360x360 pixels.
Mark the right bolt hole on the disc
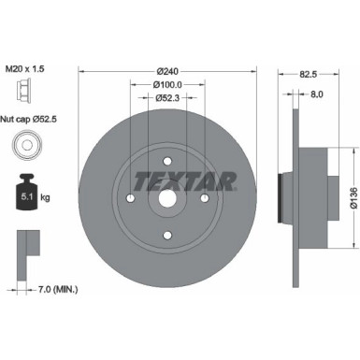(x=205, y=197)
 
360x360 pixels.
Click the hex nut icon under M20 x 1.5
(x=25, y=91)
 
